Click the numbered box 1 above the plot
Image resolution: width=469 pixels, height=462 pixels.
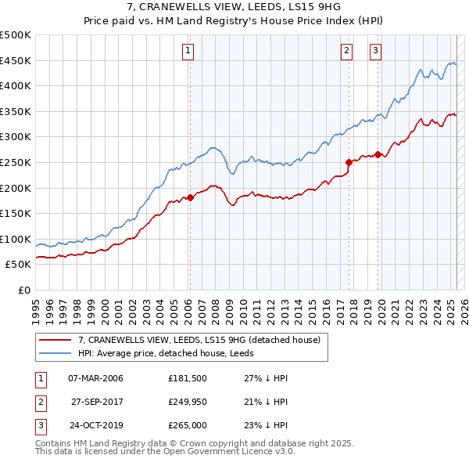pos(189,51)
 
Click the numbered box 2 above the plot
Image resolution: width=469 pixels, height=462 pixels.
pos(346,51)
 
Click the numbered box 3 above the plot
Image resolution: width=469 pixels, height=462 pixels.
pos(376,51)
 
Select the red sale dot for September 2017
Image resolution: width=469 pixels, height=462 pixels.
pos(349,162)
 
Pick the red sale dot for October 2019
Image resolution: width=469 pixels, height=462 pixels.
pos(378,154)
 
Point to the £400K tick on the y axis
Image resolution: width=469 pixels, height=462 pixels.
pos(16,85)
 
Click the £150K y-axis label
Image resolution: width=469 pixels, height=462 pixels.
pos(16,213)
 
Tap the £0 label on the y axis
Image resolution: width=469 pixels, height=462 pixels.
pos(24,290)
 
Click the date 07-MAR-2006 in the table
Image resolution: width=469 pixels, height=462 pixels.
pos(96,379)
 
